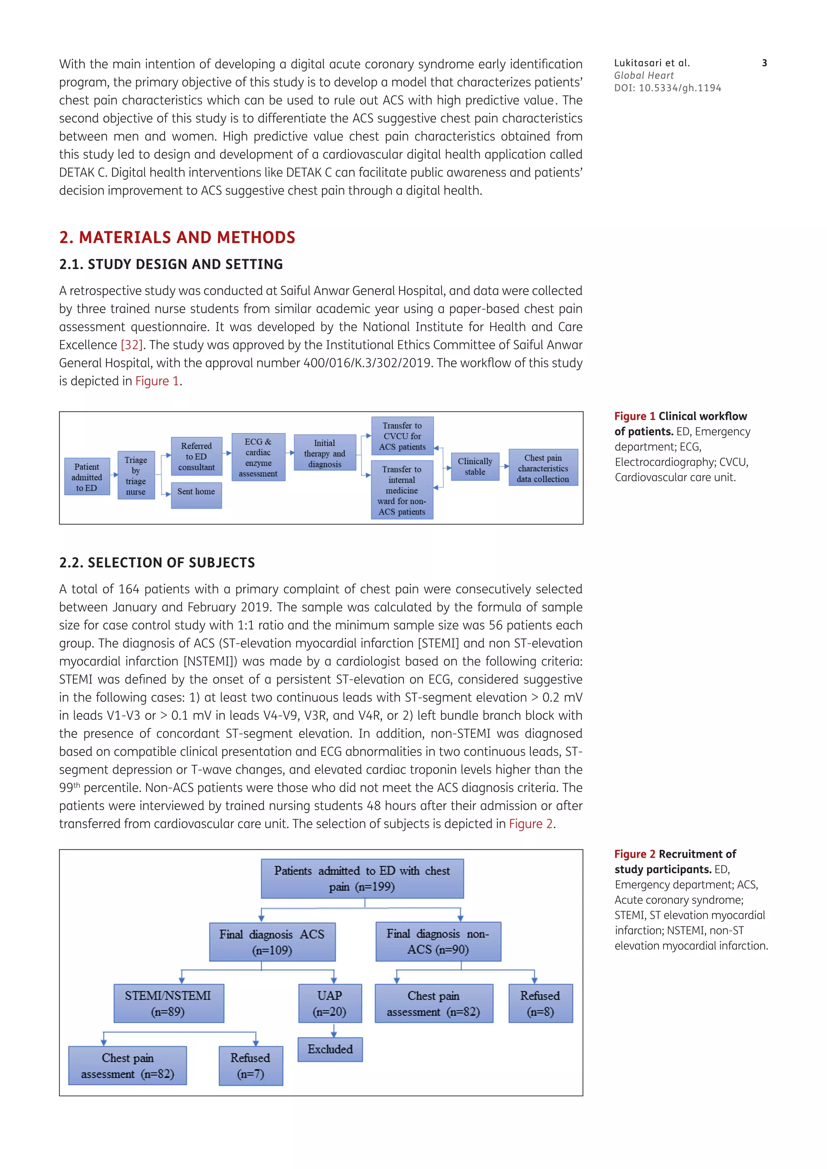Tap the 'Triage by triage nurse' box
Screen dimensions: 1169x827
136,475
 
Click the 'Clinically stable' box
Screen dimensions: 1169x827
474,466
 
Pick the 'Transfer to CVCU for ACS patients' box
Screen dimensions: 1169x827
402,436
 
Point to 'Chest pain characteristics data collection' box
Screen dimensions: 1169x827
543,467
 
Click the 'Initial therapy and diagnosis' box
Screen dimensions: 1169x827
325,453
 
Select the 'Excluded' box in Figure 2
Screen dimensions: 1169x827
330,1049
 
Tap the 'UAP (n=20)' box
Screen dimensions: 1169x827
330,1003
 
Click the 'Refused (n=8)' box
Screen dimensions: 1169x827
540,1003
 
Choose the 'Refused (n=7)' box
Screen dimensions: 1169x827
250,1066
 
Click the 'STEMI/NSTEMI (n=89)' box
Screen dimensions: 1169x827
168,1003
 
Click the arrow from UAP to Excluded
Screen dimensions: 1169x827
334,1030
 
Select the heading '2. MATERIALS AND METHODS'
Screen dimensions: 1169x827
177,237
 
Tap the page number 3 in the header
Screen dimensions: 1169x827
764,63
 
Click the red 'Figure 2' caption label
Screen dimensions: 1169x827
634,854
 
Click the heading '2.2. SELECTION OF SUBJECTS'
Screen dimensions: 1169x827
157,563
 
